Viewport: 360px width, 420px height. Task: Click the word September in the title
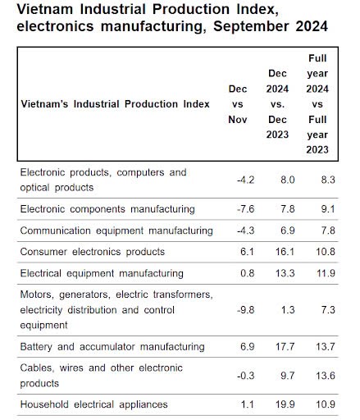251,26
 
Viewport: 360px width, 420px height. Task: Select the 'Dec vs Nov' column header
238,104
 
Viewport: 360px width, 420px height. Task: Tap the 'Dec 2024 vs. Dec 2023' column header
277,104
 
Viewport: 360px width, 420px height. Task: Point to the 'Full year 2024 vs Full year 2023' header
317,104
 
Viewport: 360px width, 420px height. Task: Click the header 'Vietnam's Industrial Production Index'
115,104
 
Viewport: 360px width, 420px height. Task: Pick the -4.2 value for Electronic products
245,180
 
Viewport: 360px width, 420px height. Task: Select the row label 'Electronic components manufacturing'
107,209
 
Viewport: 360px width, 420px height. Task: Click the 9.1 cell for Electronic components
328,209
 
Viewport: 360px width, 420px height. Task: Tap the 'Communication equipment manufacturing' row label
116,231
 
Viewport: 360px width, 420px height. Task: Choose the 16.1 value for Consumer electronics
285,252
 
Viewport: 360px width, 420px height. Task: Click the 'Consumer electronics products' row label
93,252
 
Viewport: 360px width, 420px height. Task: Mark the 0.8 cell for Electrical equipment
247,273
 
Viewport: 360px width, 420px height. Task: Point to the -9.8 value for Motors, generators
245,310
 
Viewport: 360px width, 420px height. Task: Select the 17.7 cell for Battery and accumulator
285,347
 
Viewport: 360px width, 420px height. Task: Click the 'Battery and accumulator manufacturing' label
112,347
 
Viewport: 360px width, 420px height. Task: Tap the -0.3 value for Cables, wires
245,376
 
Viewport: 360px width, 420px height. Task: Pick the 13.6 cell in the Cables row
326,376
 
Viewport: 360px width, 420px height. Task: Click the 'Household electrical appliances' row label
93,404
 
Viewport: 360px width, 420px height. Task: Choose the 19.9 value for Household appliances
285,404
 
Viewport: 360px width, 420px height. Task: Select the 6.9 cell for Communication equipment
288,231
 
